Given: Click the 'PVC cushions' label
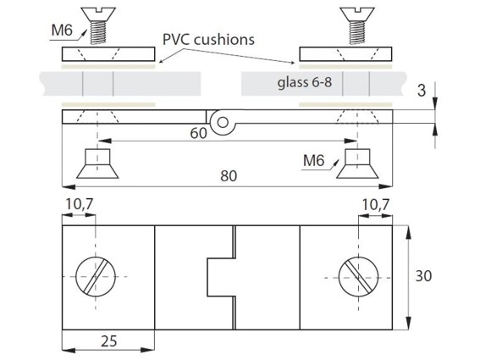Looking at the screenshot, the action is (x=208, y=40).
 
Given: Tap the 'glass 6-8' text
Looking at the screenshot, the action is (x=305, y=82).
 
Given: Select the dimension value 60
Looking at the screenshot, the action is (x=198, y=133).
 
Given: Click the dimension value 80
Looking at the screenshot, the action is (x=229, y=176).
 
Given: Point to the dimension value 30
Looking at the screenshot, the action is (x=423, y=276).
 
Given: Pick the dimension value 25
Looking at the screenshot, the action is (x=109, y=341).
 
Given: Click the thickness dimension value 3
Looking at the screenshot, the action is (x=422, y=91).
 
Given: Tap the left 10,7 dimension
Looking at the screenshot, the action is (x=80, y=204).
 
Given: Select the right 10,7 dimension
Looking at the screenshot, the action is (x=376, y=204).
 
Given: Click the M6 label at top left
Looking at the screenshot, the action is (x=62, y=30).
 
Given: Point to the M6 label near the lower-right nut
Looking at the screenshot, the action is (x=314, y=160).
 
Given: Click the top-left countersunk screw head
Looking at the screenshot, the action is (x=98, y=14).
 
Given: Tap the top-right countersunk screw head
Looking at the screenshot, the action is (x=357, y=14).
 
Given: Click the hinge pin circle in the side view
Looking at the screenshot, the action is (x=223, y=122).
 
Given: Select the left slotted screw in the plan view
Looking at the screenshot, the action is (x=96, y=276).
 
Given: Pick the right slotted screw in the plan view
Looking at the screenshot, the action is (x=358, y=277).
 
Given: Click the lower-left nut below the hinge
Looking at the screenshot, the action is (x=97, y=163).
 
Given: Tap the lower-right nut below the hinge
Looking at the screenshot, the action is (x=357, y=163).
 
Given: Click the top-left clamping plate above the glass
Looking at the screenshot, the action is (x=108, y=54).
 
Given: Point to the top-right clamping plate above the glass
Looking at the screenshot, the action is (x=345, y=54).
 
